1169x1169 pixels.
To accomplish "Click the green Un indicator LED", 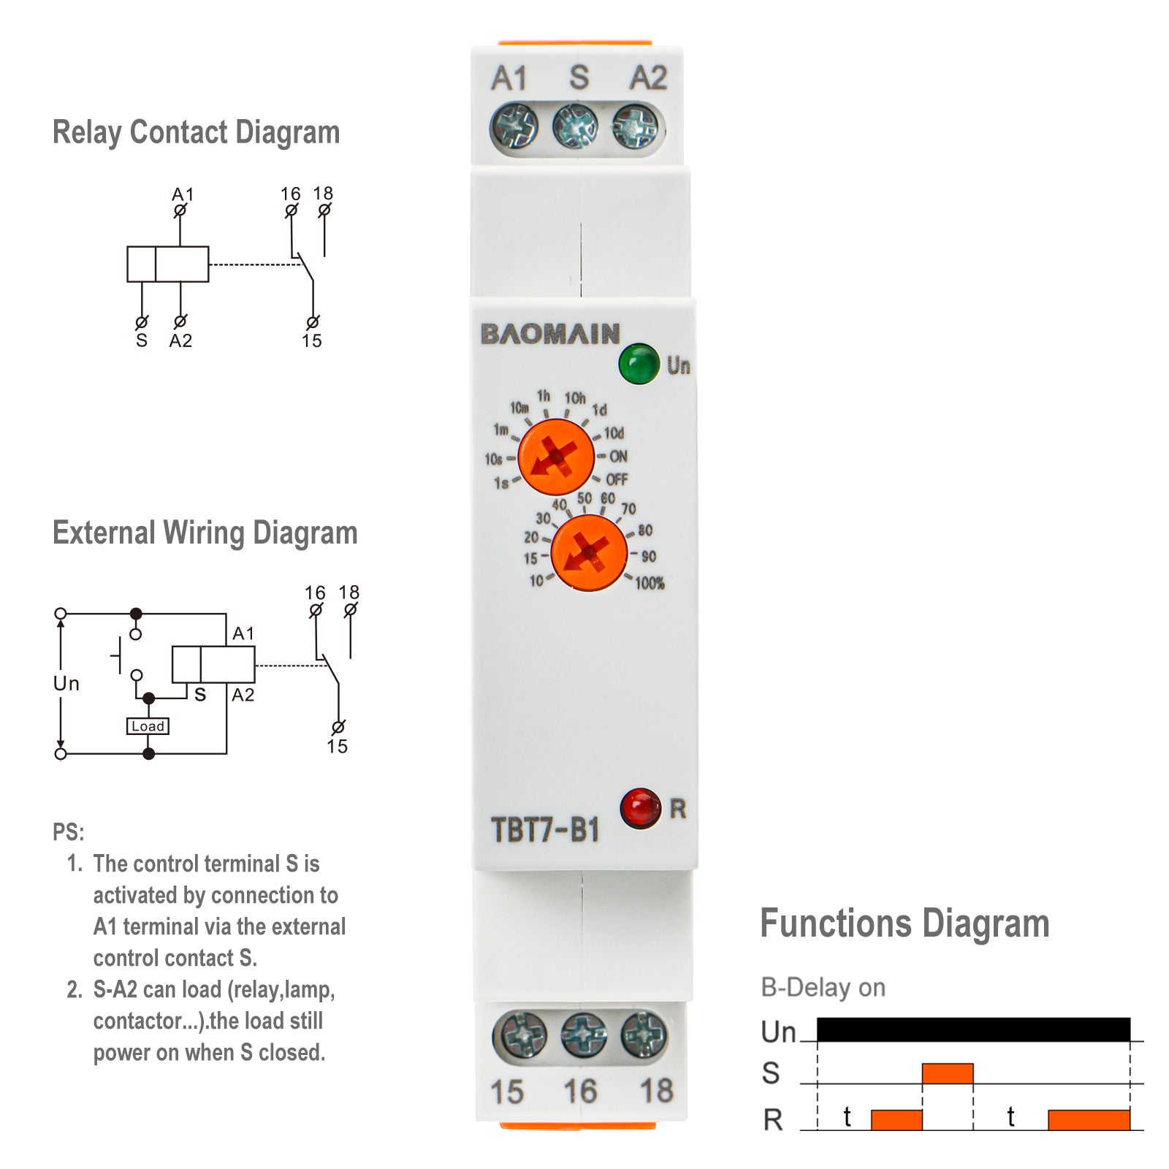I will pyautogui.click(x=639, y=363).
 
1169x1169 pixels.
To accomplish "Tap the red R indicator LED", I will pyautogui.click(x=641, y=807).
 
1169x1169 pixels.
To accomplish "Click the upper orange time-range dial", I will pyautogui.click(x=556, y=457).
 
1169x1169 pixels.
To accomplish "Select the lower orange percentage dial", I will pyautogui.click(x=589, y=553).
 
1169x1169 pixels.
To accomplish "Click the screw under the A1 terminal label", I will pyautogui.click(x=514, y=126).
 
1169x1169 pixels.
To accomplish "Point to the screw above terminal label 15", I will pyautogui.click(x=519, y=1035).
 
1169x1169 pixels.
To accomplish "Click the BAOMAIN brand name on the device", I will pyautogui.click(x=550, y=334).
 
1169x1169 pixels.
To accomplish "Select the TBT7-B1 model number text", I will pyautogui.click(x=545, y=830).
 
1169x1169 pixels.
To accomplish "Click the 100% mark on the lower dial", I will pyautogui.click(x=649, y=583).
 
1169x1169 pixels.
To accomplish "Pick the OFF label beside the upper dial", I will pyautogui.click(x=617, y=480).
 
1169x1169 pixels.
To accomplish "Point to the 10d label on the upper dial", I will pyautogui.click(x=614, y=433).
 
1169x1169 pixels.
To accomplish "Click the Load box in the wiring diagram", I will pyautogui.click(x=148, y=726).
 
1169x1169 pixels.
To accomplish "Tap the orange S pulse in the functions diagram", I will pyautogui.click(x=947, y=1073).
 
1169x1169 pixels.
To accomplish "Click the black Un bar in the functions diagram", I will pyautogui.click(x=973, y=1029).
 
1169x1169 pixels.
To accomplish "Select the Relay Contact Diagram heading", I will pyautogui.click(x=196, y=133).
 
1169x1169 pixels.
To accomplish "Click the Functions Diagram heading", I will pyautogui.click(x=905, y=924).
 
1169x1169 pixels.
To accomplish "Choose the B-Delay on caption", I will pyautogui.click(x=823, y=987).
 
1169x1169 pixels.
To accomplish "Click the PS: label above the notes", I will pyautogui.click(x=68, y=831).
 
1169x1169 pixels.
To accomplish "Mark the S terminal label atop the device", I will pyautogui.click(x=579, y=77).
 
